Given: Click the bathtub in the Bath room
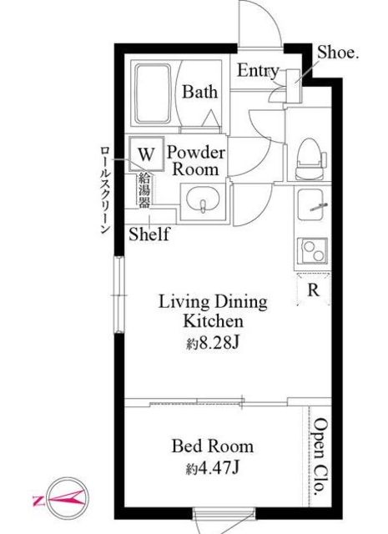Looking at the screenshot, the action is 153,93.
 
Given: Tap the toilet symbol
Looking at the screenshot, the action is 310,159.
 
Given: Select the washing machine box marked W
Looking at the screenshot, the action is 147,154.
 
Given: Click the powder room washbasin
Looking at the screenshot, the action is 203,202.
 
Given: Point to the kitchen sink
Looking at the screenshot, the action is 310,204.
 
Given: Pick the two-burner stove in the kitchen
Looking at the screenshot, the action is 313,250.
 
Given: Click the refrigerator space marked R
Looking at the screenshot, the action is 314,290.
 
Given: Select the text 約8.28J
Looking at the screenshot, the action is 213,343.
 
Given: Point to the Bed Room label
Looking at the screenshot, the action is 213,446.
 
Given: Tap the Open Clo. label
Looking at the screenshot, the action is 320,457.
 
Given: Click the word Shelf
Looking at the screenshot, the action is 149,234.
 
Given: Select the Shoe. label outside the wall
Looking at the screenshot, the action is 338,53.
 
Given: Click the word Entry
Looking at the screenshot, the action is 258,71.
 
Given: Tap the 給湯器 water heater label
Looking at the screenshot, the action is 144,190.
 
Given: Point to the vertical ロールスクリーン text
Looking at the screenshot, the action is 105,189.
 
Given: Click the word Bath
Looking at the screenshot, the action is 199,92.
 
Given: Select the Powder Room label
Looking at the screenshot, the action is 196,161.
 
